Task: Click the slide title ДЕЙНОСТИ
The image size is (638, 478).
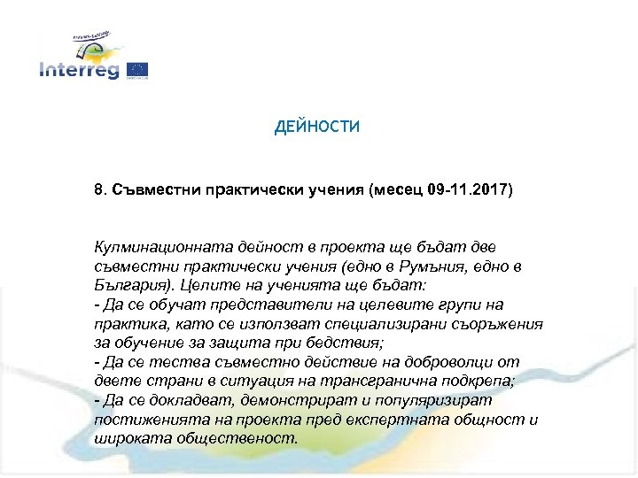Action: coord(317,127)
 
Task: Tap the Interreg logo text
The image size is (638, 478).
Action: coord(79,71)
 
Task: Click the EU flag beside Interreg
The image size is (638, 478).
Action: coord(137,69)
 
